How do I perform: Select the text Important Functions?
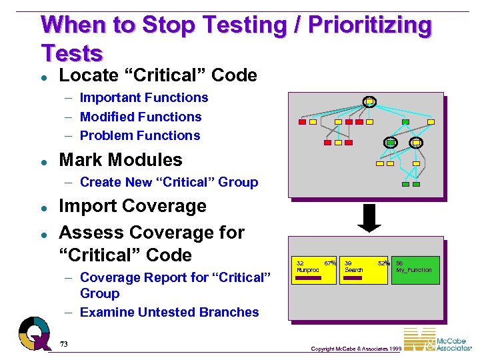pos(143,98)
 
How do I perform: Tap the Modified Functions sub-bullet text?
pos(140,117)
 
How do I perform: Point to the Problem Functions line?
pos(139,135)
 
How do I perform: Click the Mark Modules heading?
pos(120,160)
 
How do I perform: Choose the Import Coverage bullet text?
pos(132,206)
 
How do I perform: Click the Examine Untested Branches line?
pos(169,312)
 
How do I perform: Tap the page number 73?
pos(64,344)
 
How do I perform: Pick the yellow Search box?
pos(363,270)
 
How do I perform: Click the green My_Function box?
pos(415,270)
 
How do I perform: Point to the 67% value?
pos(329,263)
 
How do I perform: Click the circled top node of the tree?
pos(369,102)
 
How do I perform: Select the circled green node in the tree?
pos(391,143)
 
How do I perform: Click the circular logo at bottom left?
pos(33,333)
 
